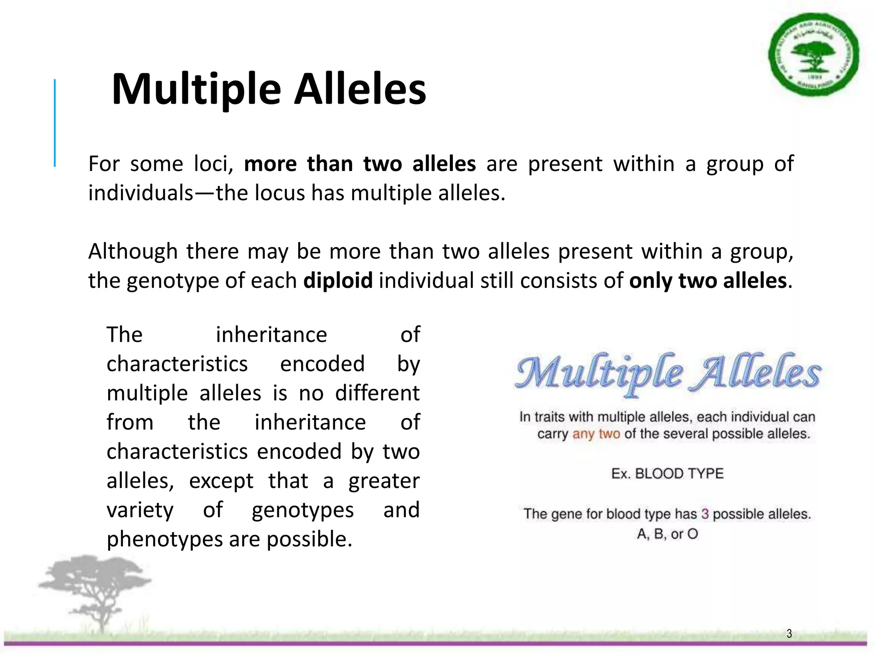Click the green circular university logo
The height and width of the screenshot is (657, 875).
pos(813,54)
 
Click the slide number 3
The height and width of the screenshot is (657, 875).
pos(789,633)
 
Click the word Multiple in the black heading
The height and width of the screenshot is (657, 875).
pos(196,89)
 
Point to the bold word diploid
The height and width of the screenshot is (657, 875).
pos(338,281)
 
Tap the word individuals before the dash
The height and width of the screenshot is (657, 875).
pos(141,193)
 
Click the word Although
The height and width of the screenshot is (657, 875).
pos(133,251)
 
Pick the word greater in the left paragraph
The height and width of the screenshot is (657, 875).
pos(384,481)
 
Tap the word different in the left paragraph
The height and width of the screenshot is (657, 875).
pos(377,393)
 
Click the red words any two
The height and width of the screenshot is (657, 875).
pos(596,434)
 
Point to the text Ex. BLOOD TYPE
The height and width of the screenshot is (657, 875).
pos(667,474)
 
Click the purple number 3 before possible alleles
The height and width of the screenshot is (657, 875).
pos(705,514)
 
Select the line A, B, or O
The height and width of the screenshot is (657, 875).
pos(667,534)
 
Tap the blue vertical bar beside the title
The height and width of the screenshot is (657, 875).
pos(55,123)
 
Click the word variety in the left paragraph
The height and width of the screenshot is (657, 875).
pos(140,510)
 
